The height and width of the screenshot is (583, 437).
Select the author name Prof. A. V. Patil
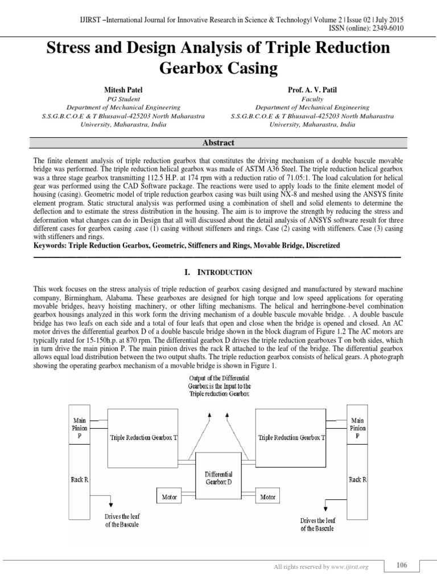tap(312, 90)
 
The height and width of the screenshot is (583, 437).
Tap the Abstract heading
tap(218, 143)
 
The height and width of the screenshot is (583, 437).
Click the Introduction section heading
tap(218, 273)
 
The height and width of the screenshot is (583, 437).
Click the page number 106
tap(402, 565)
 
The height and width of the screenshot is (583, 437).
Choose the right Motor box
tap(267, 496)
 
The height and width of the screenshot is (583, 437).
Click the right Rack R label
tap(357, 479)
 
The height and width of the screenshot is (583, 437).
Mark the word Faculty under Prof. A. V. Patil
tap(312, 98)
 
